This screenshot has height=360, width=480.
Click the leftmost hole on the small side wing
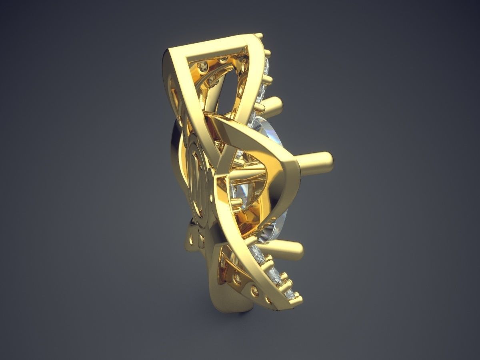coord(191,239)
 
